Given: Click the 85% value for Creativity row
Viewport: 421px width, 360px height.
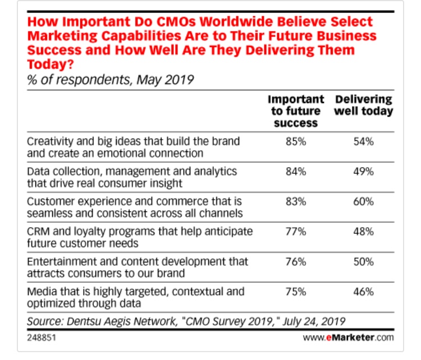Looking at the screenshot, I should tap(296, 142).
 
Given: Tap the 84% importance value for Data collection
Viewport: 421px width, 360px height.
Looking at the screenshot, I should tap(296, 171).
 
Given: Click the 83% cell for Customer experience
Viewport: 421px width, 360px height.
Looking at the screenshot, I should tap(296, 201).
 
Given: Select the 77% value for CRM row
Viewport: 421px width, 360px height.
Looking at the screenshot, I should tap(296, 230).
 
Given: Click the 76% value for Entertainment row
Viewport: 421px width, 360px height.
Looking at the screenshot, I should tap(296, 261).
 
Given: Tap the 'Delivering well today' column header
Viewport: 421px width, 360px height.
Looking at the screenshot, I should tap(363, 105).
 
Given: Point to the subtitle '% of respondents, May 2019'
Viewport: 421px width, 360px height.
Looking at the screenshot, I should tap(110, 80).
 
